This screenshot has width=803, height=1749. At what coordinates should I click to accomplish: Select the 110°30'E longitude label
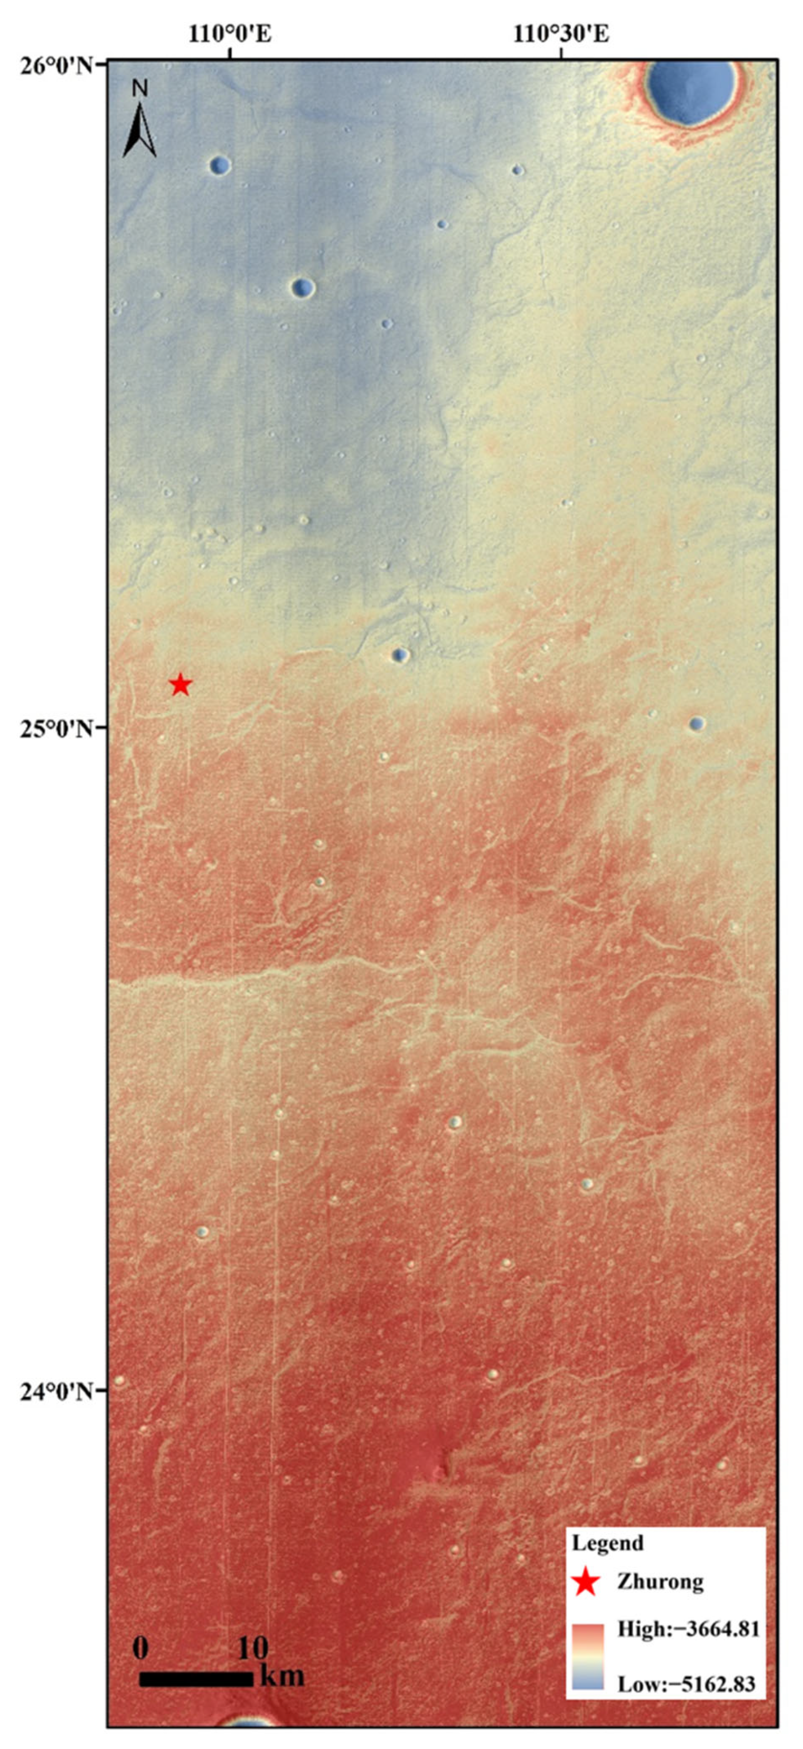[561, 33]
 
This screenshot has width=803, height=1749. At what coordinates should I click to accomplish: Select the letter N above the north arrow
[139, 88]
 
